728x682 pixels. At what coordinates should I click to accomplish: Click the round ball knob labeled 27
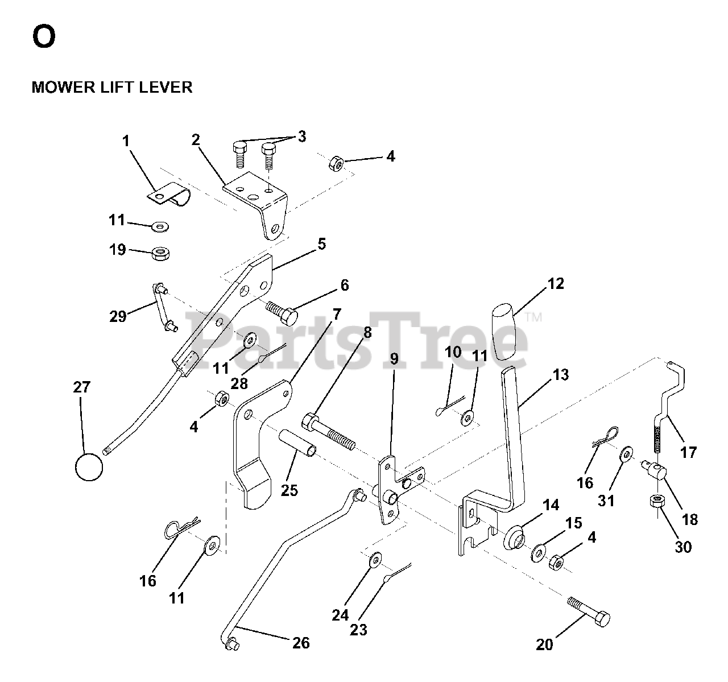click(89, 467)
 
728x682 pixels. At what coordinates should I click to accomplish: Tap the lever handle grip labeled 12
click(503, 332)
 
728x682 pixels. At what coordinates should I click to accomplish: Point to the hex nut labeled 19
click(160, 253)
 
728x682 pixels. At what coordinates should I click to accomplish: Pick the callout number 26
click(301, 643)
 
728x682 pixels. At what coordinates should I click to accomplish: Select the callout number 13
click(561, 375)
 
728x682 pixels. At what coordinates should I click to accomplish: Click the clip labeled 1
click(169, 195)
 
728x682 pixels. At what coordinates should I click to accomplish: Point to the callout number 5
click(321, 244)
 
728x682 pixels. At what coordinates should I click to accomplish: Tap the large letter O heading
click(44, 37)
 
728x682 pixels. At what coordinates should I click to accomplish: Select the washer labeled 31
click(626, 454)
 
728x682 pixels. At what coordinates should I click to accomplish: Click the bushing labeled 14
click(515, 537)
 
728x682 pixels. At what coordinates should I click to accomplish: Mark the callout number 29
click(118, 316)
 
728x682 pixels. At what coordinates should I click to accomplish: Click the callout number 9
click(394, 358)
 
